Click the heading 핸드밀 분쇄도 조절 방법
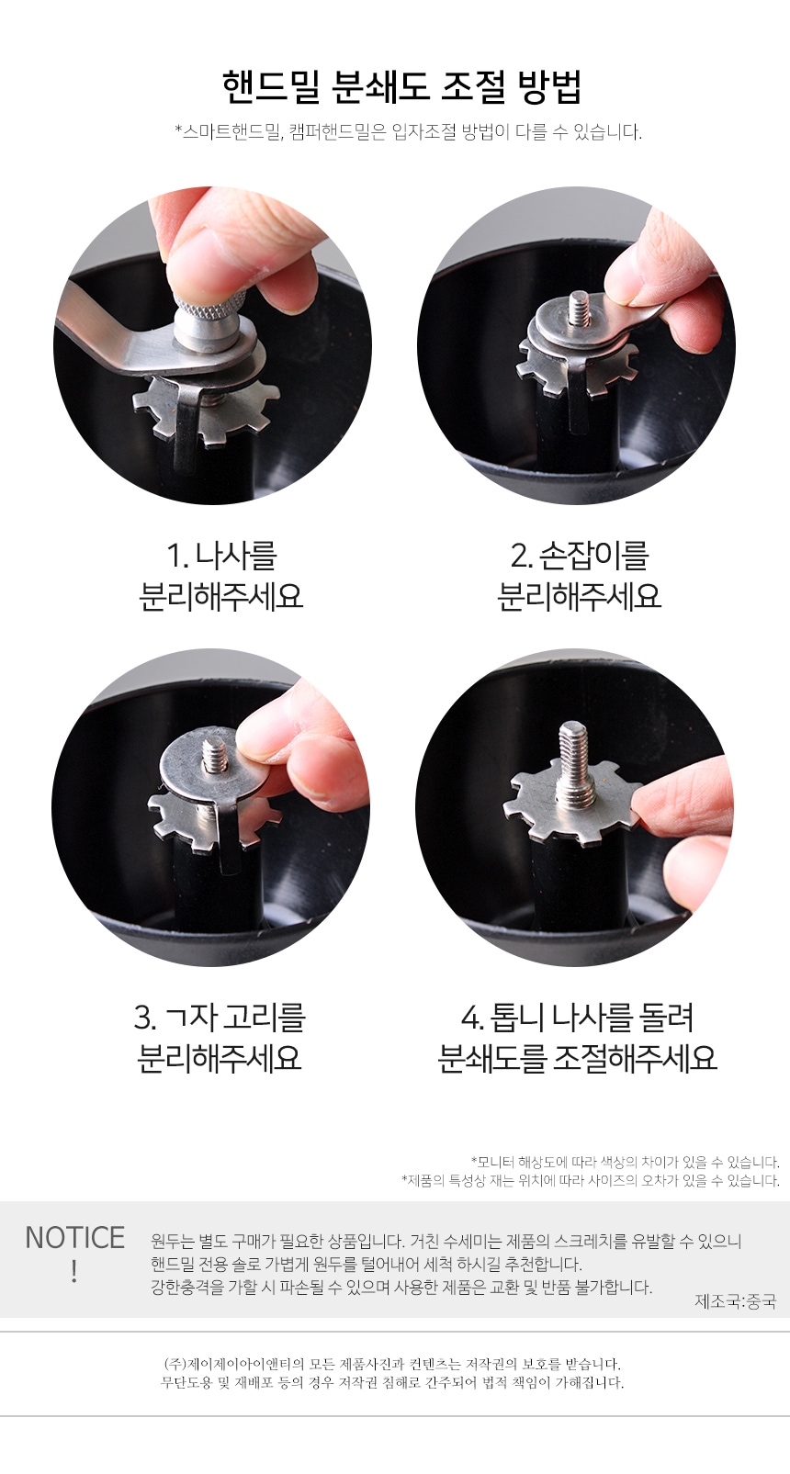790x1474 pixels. tap(401, 87)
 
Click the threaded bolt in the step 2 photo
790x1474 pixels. tap(579, 309)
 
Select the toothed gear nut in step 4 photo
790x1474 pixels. tap(542, 808)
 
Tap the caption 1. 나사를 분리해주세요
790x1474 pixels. tap(220, 576)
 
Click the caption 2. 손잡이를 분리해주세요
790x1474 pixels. tap(579, 576)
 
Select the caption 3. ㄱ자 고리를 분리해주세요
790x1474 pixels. tap(220, 1037)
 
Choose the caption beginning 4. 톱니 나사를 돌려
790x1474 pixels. tap(577, 1037)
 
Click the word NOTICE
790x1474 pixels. tap(74, 1237)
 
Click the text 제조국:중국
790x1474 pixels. tap(735, 1300)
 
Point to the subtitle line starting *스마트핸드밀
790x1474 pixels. tap(408, 131)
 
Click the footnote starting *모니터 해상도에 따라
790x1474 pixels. tap(625, 1162)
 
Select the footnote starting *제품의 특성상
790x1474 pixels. tap(590, 1180)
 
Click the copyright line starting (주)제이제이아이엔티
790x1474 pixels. tap(392, 1364)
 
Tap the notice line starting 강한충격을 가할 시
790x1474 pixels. tap(401, 1287)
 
